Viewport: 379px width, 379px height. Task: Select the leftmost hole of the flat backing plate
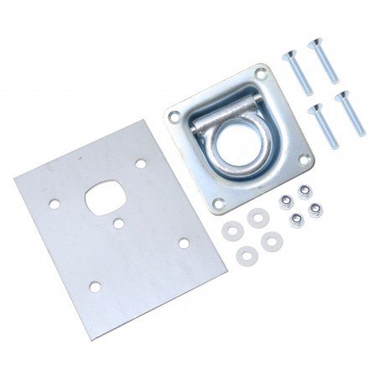[55, 203]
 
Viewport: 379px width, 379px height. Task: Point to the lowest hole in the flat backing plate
[95, 288]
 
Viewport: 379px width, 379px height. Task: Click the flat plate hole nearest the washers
[183, 243]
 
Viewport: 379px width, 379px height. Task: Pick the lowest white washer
[247, 255]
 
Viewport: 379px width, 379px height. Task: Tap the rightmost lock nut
[317, 207]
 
